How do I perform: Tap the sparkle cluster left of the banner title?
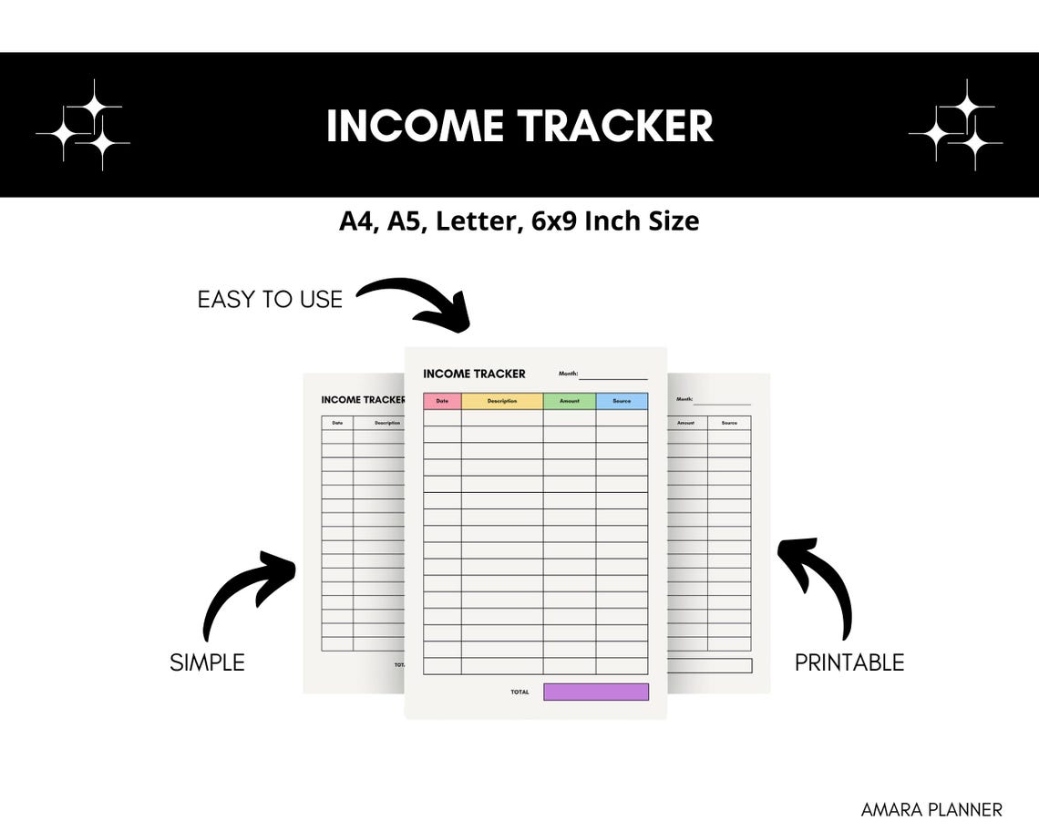point(83,126)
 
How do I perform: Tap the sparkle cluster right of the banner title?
point(956,126)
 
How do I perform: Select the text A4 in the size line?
point(357,221)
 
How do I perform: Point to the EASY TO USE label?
point(270,299)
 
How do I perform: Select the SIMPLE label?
point(207,662)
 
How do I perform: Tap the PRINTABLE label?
point(849,662)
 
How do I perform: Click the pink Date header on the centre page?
point(442,401)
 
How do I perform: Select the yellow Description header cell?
point(502,401)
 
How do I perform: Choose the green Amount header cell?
point(570,401)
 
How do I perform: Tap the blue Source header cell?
point(622,401)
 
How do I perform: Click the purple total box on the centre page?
point(596,692)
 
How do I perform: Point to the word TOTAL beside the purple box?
point(519,692)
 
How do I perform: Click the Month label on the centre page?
point(568,374)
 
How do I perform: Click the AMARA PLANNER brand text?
point(931,809)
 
